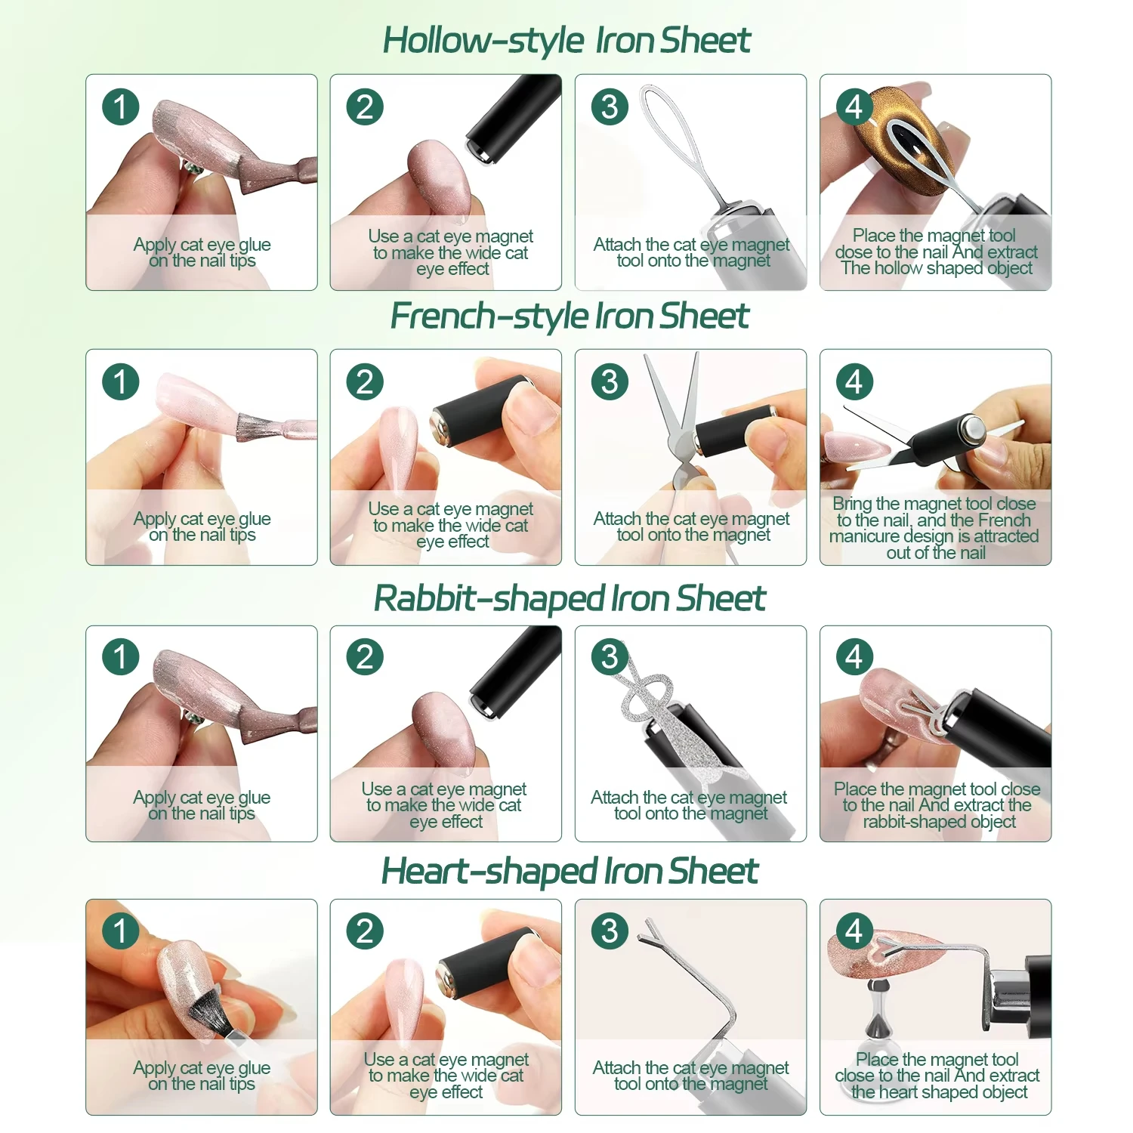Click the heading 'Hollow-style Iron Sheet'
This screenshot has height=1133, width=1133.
[566, 41]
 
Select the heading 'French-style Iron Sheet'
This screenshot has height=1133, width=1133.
[570, 316]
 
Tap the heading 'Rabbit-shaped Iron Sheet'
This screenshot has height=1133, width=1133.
[570, 599]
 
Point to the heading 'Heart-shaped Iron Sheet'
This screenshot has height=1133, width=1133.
[570, 872]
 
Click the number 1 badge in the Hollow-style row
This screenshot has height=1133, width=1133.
[121, 107]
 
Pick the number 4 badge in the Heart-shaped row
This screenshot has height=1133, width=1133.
[854, 931]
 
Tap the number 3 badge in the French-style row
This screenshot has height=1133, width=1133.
[610, 382]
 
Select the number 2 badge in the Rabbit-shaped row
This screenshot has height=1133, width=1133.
[365, 657]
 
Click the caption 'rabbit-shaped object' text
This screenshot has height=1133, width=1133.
[939, 822]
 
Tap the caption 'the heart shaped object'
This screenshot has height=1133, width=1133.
[939, 1092]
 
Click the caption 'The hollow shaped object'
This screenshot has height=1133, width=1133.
[937, 268]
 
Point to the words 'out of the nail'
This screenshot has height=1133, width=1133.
[936, 553]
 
